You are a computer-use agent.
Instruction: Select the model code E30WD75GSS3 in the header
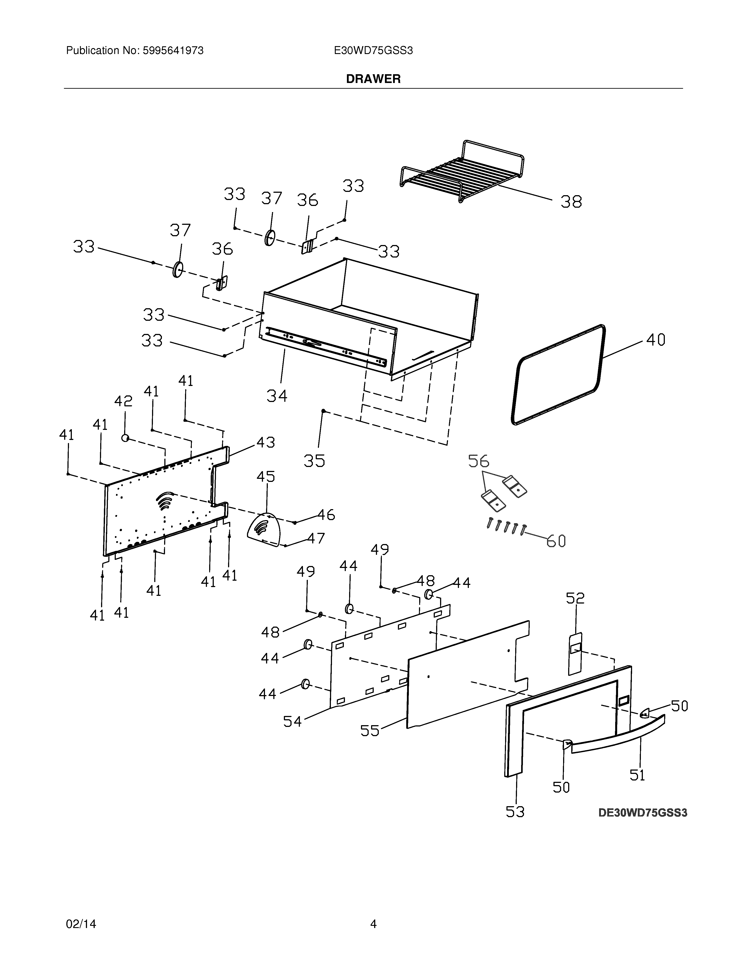tap(373, 51)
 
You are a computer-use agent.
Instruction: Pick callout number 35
tap(314, 461)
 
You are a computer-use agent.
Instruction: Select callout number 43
tap(266, 442)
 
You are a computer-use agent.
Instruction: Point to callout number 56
tap(479, 461)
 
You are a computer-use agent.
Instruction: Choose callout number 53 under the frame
tap(515, 812)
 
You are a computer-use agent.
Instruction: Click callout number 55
tap(370, 730)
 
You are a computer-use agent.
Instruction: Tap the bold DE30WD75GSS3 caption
tap(643, 813)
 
